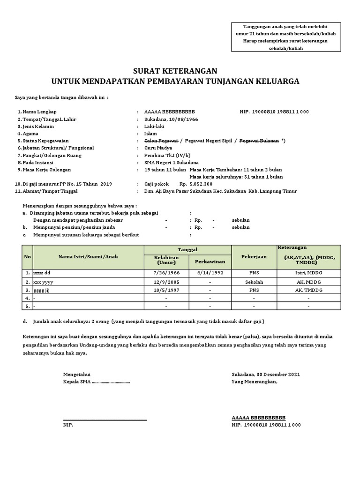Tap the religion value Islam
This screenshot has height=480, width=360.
150,134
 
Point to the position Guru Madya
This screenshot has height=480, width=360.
159,148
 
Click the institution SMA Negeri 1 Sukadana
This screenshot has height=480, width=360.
172,163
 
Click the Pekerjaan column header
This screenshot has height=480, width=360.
254,257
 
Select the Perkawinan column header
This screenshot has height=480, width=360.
210,261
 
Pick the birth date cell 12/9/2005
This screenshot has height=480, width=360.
166,282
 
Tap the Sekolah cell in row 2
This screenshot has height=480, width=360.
254,282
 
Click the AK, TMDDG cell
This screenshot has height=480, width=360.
308,290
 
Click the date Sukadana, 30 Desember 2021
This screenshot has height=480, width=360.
266,375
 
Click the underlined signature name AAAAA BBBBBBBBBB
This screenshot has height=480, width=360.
258,418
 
